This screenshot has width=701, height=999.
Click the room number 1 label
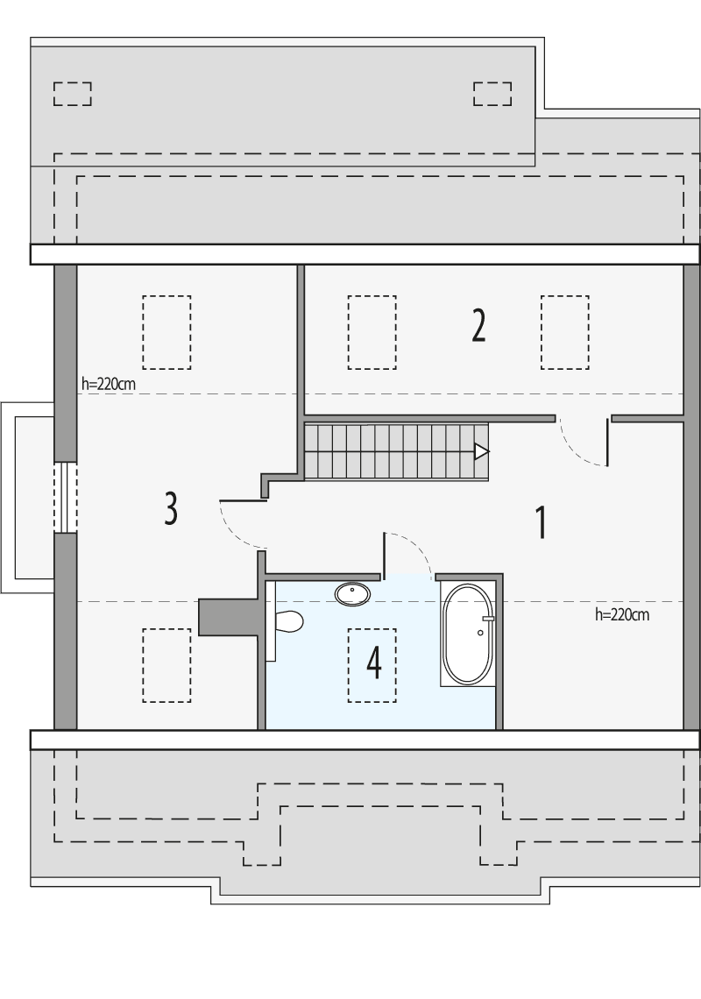(541, 522)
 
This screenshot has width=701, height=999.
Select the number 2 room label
(478, 326)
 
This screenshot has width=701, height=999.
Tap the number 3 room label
(171, 508)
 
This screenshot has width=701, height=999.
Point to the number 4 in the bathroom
(374, 663)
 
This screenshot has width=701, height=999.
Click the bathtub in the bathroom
(469, 634)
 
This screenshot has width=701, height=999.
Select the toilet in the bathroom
(287, 621)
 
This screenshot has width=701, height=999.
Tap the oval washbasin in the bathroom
(352, 594)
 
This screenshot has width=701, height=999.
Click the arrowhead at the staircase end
(481, 451)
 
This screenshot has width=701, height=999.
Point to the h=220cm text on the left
(107, 383)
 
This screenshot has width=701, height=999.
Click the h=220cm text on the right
(621, 614)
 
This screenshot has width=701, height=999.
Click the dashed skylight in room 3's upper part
(166, 331)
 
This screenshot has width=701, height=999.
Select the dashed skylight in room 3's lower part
(166, 665)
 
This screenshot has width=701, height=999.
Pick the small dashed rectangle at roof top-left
(73, 93)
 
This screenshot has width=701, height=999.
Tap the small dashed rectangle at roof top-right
(492, 93)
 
